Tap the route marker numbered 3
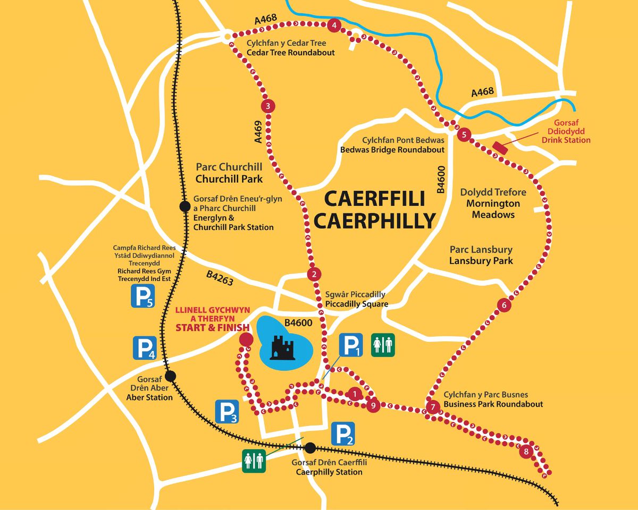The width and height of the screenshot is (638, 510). click(x=268, y=106)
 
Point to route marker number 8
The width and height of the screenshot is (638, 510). click(x=526, y=452)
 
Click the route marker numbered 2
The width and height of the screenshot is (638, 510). click(x=314, y=275)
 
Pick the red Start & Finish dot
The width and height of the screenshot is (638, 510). click(x=246, y=339)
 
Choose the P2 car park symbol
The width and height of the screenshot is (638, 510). click(x=343, y=434)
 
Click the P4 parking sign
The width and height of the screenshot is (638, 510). click(x=145, y=348)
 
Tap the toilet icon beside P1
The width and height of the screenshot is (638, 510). click(x=383, y=345)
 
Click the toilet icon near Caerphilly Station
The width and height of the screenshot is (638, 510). click(x=254, y=461)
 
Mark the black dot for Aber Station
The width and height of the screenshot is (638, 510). click(x=171, y=377)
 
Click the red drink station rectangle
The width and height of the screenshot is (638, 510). click(x=500, y=147)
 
